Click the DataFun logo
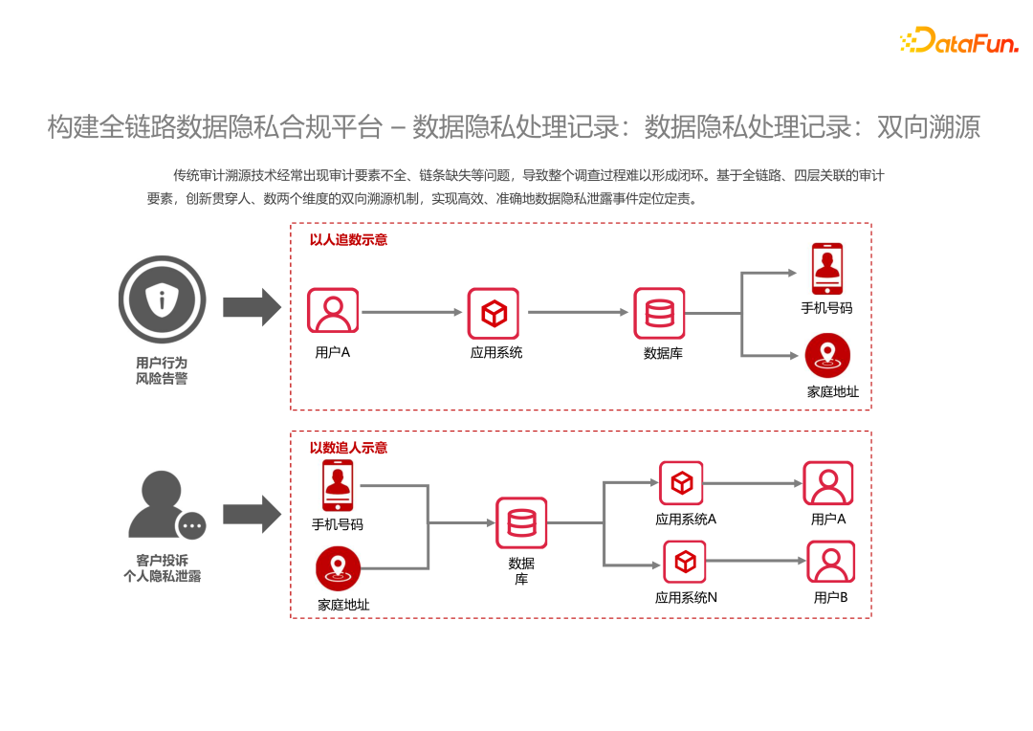958,40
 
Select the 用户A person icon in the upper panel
333,311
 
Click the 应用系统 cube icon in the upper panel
494,313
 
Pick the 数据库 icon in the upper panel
660,313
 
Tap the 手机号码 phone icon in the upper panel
826,269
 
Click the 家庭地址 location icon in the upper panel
826,356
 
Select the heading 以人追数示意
348,240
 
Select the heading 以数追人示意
348,448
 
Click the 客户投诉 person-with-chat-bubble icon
165,508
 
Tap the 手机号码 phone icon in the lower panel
338,485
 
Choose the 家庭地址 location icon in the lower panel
339,568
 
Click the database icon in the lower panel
521,522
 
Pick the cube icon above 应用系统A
681,483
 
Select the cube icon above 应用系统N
686,562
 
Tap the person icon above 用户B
830,562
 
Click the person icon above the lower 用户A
827,483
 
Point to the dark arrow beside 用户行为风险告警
252,307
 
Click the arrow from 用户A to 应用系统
412,312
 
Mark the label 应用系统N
686,598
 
